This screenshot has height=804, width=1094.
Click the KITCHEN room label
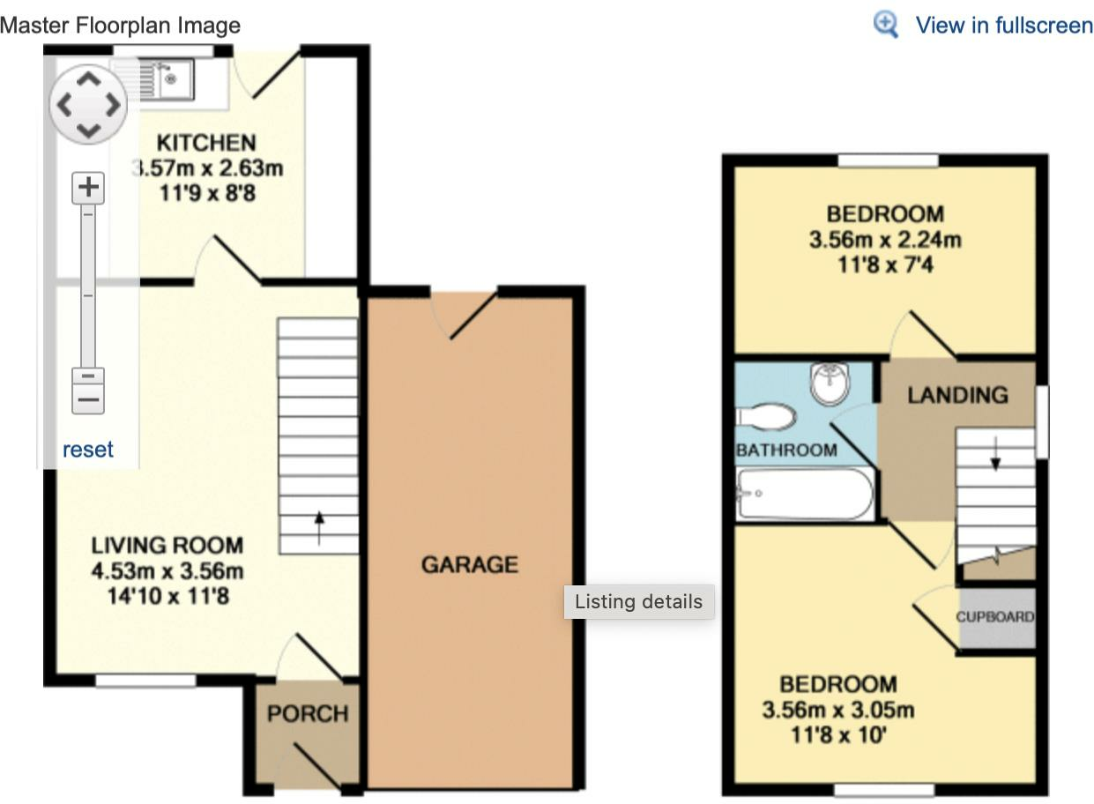(x=206, y=142)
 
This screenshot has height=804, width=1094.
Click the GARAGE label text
(x=469, y=564)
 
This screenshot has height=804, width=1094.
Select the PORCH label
(x=308, y=713)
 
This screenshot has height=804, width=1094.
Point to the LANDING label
(x=957, y=395)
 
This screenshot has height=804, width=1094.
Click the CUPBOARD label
(x=995, y=616)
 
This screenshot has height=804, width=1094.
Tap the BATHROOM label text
(x=786, y=450)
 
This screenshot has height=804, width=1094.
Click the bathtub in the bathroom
(x=804, y=495)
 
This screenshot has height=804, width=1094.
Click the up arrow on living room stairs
(x=319, y=528)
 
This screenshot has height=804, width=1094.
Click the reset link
(x=88, y=450)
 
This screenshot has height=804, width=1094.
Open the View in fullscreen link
(x=1003, y=25)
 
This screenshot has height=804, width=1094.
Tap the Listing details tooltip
(x=638, y=602)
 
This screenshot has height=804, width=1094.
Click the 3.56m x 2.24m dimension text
(x=884, y=239)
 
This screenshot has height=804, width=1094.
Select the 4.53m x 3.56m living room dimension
(x=167, y=571)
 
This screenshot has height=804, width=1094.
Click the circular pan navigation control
(x=88, y=105)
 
